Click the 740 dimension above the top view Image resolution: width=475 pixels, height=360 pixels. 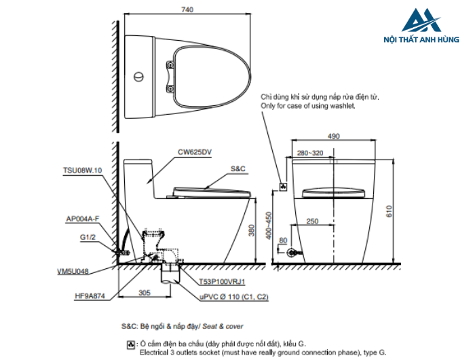point(188,10)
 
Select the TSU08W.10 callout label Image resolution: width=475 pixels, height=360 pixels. point(82,170)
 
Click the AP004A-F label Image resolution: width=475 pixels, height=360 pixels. point(83,219)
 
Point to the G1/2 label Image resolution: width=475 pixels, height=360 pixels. point(88,238)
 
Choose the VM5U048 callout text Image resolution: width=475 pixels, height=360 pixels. point(73,270)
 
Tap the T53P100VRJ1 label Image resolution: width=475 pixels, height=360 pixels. point(222,281)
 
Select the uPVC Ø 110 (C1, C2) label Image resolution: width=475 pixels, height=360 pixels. point(233,297)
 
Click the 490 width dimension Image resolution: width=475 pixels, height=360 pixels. point(333,137)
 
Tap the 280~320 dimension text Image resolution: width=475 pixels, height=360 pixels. point(310,153)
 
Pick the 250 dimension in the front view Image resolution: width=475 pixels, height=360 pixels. point(312,221)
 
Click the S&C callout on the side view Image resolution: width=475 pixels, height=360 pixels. point(237,167)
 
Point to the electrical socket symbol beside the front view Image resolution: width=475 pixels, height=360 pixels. point(284,185)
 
